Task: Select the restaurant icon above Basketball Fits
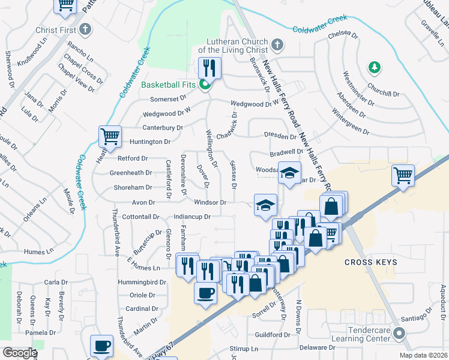click(209, 67)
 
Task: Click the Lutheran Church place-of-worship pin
click(277, 44)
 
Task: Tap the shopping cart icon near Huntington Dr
click(110, 137)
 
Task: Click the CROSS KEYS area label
click(367, 263)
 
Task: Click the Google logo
click(19, 353)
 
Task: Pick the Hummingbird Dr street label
click(143, 281)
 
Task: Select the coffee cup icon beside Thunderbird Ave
click(101, 346)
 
